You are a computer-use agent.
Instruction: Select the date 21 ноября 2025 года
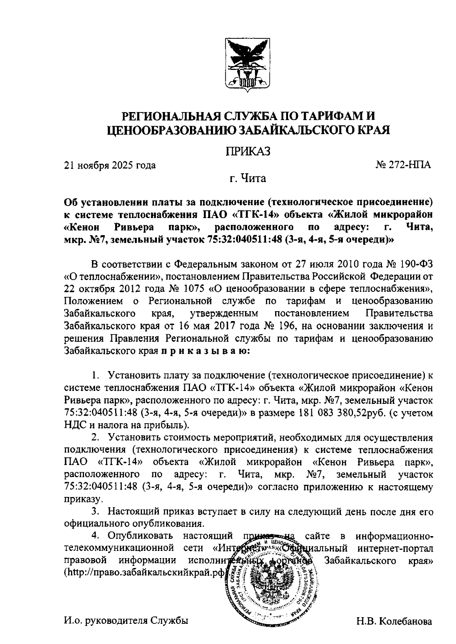tap(110, 165)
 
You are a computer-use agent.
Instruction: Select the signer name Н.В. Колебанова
tap(394, 622)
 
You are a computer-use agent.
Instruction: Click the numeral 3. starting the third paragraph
tap(96, 511)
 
